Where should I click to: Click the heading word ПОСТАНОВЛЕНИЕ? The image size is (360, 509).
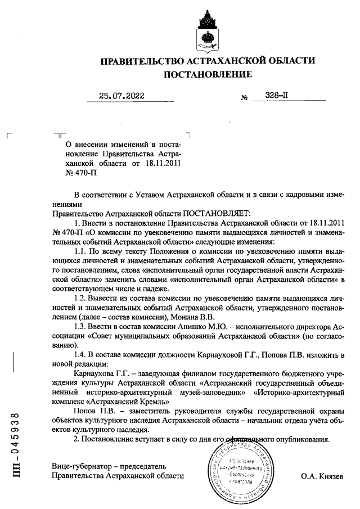[207, 74]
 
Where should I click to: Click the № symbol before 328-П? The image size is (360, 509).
[244, 97]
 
